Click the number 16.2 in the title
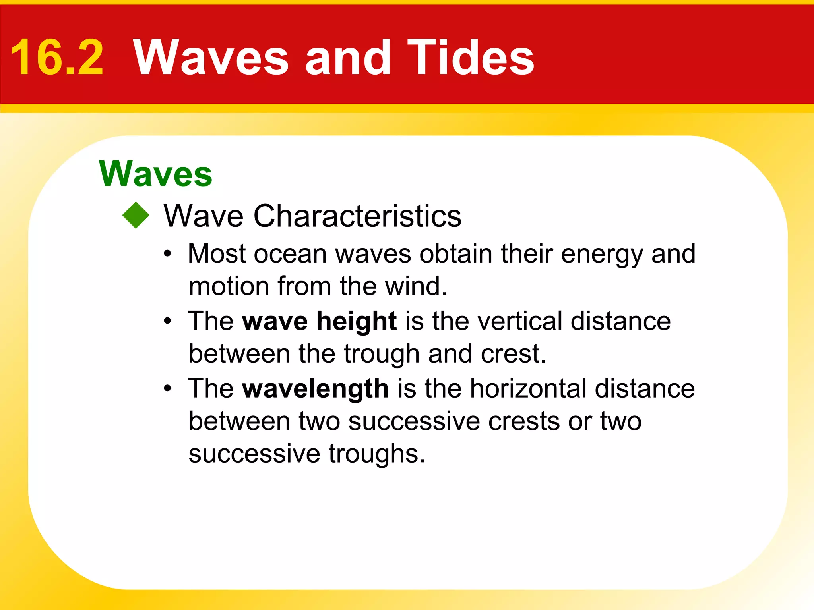click(57, 58)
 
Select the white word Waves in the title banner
click(211, 58)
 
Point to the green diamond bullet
click(136, 215)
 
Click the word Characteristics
click(357, 216)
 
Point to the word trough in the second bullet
click(382, 354)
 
